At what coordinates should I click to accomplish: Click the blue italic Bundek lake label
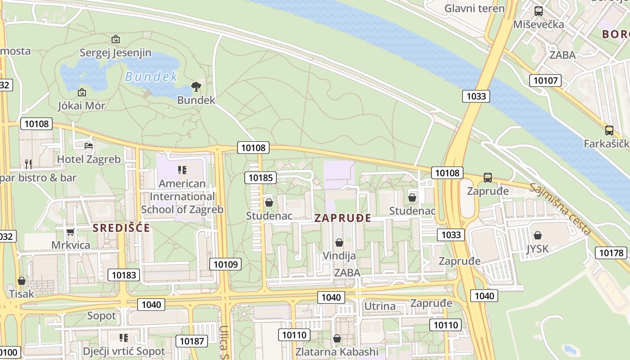point(151,76)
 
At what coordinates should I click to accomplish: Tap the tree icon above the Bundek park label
point(196,87)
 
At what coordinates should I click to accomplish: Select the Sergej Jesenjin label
point(116,53)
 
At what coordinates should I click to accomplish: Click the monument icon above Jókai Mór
point(82,92)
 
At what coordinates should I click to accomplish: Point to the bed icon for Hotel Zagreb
point(89,145)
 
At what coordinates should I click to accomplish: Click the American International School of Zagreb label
point(182,196)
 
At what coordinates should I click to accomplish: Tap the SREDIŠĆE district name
point(121,228)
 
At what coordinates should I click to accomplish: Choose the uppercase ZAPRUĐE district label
point(342,218)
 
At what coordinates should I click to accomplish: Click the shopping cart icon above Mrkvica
point(71,232)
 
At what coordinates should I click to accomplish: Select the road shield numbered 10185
point(261,178)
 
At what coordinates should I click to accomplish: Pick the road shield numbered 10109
point(225,264)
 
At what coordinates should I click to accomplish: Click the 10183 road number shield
point(124,275)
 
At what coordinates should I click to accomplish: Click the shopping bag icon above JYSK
point(537,235)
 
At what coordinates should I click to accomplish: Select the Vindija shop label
point(339,256)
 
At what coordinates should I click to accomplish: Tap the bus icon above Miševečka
point(538,11)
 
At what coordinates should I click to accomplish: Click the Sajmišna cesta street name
point(560,209)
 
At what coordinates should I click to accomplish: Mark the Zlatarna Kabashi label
point(337,351)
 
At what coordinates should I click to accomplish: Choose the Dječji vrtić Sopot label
point(124,351)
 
